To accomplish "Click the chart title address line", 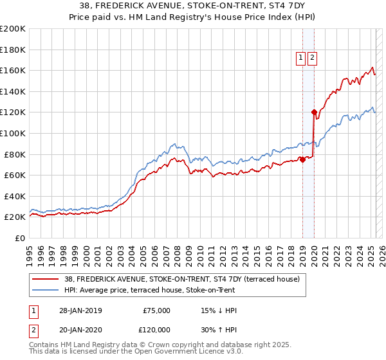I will [x=192, y=7].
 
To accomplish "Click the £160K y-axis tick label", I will [x=13, y=70].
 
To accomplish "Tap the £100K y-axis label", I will [x=13, y=133].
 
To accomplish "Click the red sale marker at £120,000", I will [x=314, y=112].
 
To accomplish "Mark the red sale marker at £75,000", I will [x=303, y=159].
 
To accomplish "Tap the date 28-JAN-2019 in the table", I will [x=80, y=310].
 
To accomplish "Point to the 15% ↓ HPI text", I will [x=219, y=310].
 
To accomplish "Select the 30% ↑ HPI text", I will [x=219, y=330].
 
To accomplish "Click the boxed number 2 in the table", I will [x=32, y=330].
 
